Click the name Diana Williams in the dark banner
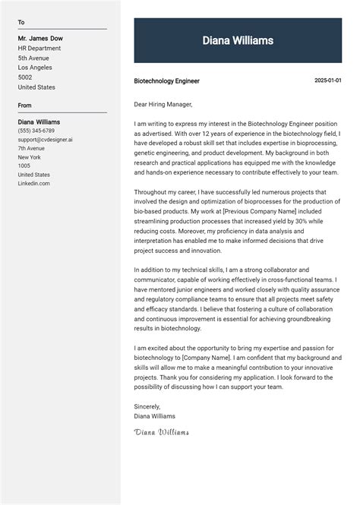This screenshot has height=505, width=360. [x=238, y=40]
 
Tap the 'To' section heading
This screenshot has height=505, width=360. [x=21, y=23]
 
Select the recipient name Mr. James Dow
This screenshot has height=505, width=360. [x=40, y=38]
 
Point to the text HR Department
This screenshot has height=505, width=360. [x=40, y=48]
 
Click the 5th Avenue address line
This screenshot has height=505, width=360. [x=33, y=58]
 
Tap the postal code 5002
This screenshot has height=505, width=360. [x=25, y=77]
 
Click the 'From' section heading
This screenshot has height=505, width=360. [x=25, y=106]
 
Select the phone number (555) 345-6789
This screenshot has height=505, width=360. [x=36, y=131]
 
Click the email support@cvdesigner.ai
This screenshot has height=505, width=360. [x=46, y=140]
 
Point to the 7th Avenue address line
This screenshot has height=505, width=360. [x=31, y=148]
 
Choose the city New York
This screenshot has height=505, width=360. [x=30, y=157]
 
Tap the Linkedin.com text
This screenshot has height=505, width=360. [x=34, y=184]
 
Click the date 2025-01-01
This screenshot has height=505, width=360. [x=328, y=80]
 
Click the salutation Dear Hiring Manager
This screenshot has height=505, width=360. [x=163, y=104]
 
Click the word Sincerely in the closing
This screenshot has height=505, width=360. [x=147, y=406]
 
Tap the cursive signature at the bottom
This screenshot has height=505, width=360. [x=161, y=433]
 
